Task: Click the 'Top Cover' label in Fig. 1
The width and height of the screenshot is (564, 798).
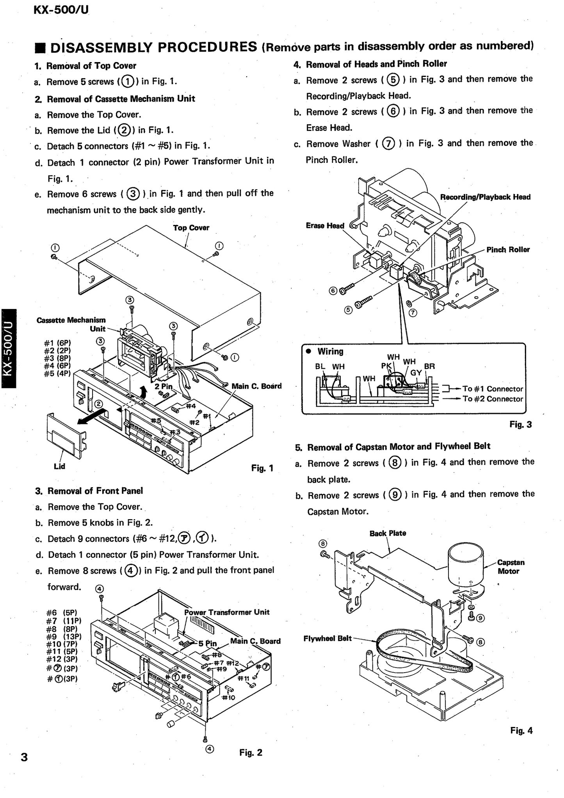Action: coord(191,228)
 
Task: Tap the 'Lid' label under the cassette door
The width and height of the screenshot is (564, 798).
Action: coord(59,466)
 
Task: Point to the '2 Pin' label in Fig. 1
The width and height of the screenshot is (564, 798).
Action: coord(163,386)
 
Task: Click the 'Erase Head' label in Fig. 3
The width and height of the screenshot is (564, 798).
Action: coord(325,226)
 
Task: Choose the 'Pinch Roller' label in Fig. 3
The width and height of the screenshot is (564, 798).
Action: coord(508,250)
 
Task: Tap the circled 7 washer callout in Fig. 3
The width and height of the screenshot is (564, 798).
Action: coord(413,312)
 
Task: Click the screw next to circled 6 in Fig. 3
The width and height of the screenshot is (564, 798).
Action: coord(347,289)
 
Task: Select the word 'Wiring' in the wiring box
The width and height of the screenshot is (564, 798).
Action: coord(330,351)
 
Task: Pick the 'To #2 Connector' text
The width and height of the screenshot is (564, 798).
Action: coord(493,399)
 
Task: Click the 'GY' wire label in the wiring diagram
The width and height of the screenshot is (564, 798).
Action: coord(416,372)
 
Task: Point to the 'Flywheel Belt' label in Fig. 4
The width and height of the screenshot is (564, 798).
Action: coord(327,638)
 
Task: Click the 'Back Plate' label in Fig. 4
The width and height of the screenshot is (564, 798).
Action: coord(388,533)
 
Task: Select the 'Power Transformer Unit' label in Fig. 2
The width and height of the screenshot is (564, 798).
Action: coord(227,612)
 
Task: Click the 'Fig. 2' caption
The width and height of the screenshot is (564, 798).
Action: coord(251,752)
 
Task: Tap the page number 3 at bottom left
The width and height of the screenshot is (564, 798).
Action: coord(24,757)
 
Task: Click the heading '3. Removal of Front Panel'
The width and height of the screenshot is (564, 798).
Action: coord(89,491)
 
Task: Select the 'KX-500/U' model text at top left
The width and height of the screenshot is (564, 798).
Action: coord(61,10)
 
